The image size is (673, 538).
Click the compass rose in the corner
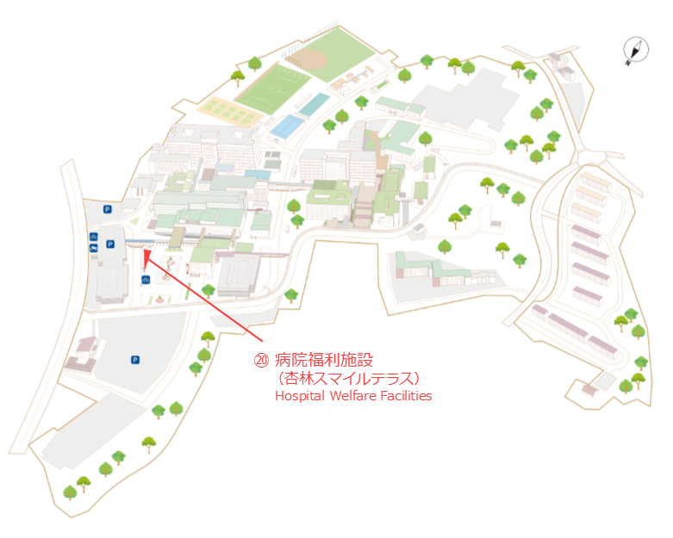(636, 50)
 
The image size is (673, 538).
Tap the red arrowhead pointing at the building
(146, 255)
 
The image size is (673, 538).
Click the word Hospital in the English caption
(300, 395)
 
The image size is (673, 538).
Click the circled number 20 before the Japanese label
(261, 360)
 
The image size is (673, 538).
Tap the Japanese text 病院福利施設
(324, 360)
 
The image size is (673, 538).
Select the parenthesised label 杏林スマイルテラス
(348, 379)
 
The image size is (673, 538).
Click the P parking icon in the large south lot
(135, 360)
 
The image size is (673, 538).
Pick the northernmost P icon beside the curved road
(108, 209)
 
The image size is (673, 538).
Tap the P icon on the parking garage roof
(110, 244)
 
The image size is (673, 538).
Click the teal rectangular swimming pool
(315, 105)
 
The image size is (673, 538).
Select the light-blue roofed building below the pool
(287, 127)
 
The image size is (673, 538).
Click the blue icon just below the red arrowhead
(146, 280)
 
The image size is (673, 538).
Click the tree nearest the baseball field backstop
(255, 64)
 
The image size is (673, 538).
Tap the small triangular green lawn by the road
(134, 221)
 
